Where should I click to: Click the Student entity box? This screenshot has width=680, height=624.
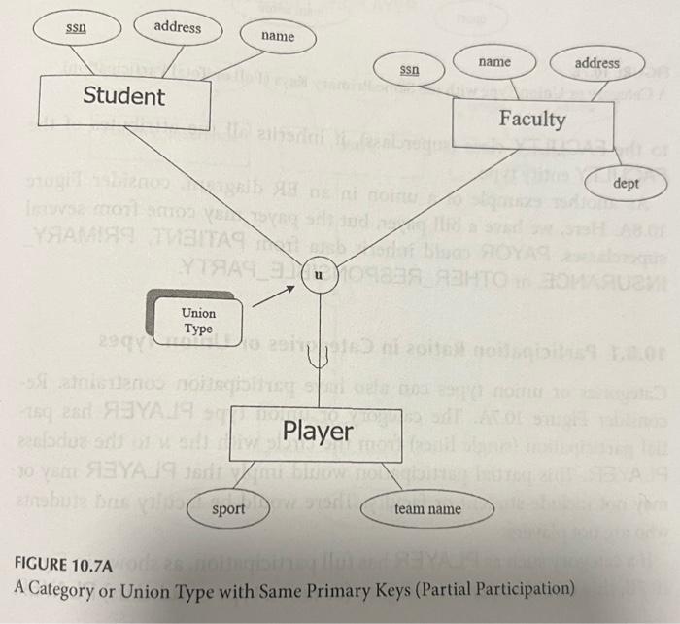point(124,97)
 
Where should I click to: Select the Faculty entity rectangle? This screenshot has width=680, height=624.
point(531,120)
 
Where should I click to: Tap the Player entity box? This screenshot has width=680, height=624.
point(317,431)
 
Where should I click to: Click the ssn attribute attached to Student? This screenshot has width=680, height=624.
point(74,29)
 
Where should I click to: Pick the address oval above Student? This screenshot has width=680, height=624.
point(177,27)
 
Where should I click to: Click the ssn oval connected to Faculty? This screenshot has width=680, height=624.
point(410,70)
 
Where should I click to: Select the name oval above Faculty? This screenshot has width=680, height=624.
point(494,62)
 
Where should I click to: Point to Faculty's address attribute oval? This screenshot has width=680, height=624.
point(596,64)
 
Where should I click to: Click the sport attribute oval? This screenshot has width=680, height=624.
point(228,507)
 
